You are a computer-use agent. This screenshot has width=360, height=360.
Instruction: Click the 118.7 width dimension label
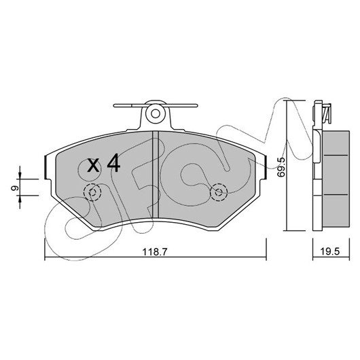155,252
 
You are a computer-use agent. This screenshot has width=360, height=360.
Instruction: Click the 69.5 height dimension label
281,167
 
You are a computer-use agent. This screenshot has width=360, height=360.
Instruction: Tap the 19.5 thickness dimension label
329,251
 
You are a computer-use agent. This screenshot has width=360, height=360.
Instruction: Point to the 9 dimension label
14,188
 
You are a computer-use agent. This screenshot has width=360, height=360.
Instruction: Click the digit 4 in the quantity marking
114,163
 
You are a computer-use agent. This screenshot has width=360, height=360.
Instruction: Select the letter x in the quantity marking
94,166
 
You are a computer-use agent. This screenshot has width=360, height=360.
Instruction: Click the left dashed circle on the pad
92,192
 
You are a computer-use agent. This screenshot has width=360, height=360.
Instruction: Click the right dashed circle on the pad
219,192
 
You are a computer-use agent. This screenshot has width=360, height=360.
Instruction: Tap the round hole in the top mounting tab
156,113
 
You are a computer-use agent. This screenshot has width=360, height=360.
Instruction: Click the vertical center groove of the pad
156,175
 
